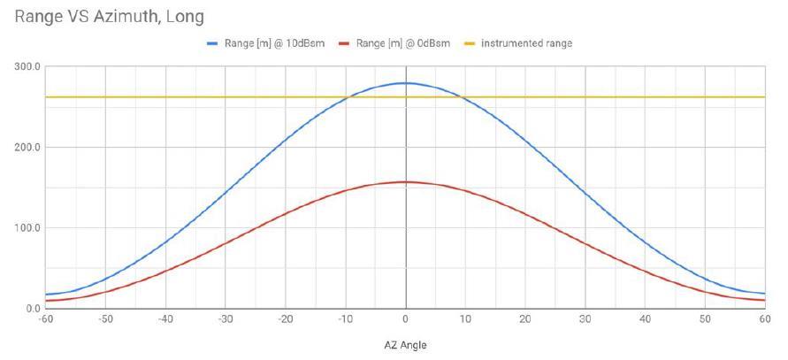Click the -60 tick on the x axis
click(45, 319)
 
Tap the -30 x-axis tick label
click(225, 319)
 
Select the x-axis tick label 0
click(405, 319)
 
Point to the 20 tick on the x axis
click(525, 319)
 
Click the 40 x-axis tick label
click(646, 319)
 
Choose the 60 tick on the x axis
click(765, 319)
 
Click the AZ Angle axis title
click(405, 345)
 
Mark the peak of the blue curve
click(405, 83)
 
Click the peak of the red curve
click(405, 182)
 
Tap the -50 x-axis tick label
click(104, 319)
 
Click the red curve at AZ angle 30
click(585, 242)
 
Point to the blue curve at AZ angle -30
click(225, 192)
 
